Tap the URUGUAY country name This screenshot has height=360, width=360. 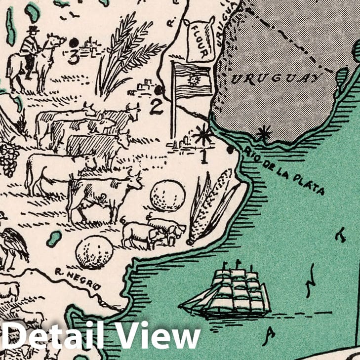pyautogui.click(x=276, y=79)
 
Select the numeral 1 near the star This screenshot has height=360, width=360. pyautogui.click(x=203, y=158)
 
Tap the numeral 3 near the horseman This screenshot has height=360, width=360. pyautogui.click(x=73, y=58)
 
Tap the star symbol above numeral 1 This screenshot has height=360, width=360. pyautogui.click(x=203, y=134)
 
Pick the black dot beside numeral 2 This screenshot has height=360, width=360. pyautogui.click(x=159, y=90)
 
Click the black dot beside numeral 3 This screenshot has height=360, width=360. pyautogui.click(x=74, y=43)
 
